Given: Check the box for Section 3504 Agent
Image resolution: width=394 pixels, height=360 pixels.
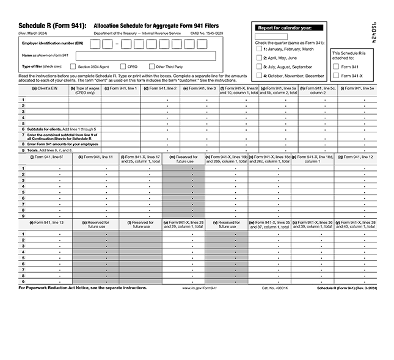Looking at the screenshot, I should coord(73,66).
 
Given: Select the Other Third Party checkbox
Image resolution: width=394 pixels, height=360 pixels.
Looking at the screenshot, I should coord(151,66).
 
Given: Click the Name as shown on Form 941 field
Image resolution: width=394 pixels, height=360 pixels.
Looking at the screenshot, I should coord(145,56).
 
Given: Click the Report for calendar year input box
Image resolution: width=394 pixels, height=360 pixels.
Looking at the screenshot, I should coord(266,37).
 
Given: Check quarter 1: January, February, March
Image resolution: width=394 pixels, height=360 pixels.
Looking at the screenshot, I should coord(259,49).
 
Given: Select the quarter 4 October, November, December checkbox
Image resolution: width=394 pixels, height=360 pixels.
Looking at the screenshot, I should coord(259,75).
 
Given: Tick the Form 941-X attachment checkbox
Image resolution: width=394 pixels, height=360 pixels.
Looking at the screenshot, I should coord(336,75).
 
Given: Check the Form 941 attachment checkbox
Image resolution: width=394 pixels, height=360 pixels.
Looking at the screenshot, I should coord(336,66).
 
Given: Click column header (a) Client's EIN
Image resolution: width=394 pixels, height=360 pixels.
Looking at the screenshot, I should coord(45,88).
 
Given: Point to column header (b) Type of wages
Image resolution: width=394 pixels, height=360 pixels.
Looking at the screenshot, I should coord(85,90).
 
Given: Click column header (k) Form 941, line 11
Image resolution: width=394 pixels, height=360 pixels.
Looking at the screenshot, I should coord(97,157).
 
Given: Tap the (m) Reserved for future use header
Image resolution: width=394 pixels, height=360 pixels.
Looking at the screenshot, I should coord(183,159).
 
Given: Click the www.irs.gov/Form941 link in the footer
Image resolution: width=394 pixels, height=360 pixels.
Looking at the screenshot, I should coord(200,287).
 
